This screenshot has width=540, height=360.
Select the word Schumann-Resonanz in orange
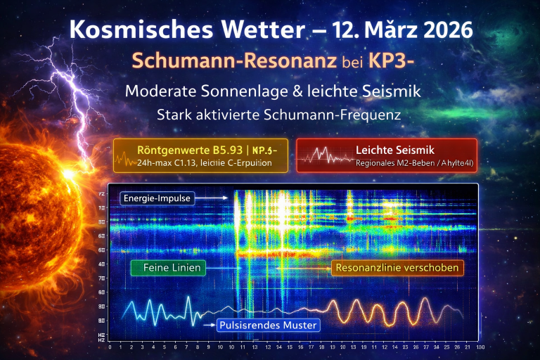pos(218,61)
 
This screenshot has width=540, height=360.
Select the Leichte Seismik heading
pos(394,149)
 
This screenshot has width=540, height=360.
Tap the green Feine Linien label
pos(168,267)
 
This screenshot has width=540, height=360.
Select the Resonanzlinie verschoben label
pos(397,267)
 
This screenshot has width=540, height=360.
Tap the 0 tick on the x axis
pos(110,347)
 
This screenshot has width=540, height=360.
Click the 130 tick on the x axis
pos(480,347)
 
